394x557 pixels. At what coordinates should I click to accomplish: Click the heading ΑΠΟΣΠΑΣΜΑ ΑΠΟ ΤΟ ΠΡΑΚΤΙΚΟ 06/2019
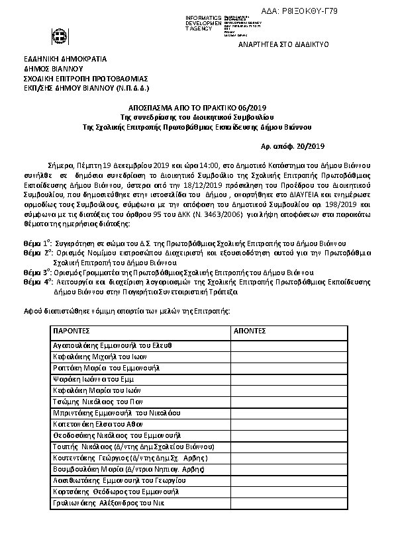tap(197, 107)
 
